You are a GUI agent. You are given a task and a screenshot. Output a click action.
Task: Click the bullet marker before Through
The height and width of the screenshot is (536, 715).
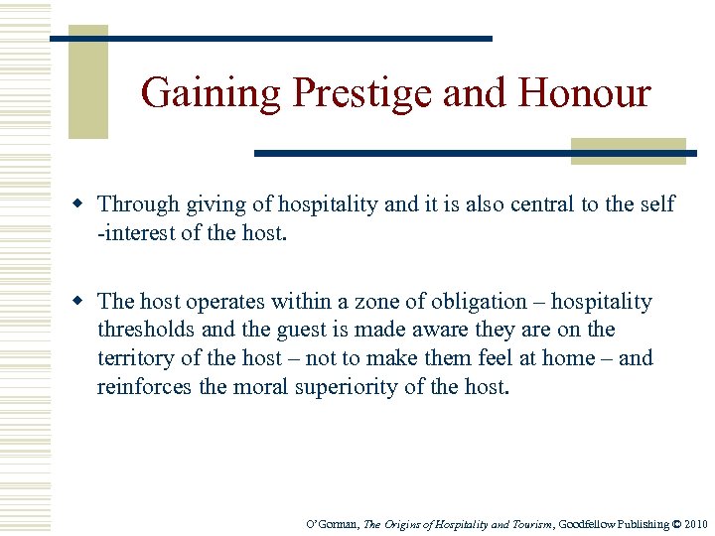[x=83, y=204]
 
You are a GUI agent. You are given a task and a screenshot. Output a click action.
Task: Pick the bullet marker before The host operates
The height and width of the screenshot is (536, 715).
[x=83, y=302]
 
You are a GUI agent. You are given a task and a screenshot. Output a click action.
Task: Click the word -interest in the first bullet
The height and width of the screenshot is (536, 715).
[x=137, y=232]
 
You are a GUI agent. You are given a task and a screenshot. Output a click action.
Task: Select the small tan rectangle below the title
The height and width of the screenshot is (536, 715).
[x=628, y=150]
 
